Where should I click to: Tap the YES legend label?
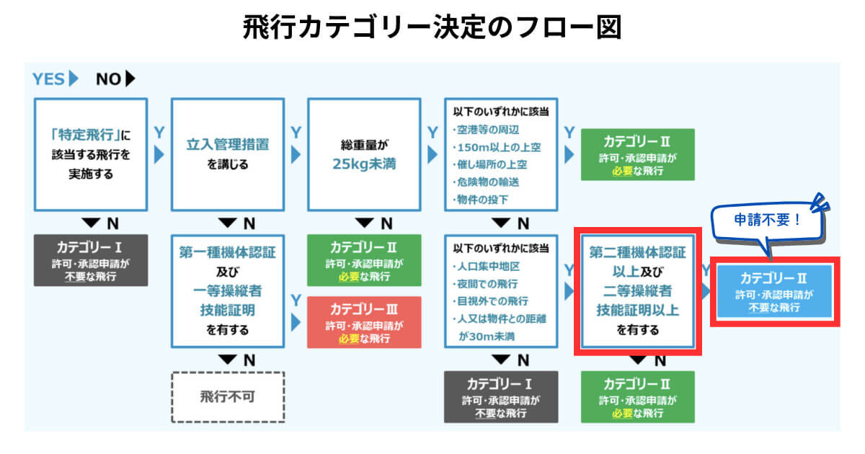48,79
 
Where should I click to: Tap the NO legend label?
109,79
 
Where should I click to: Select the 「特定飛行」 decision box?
91,153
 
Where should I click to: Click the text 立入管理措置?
227,144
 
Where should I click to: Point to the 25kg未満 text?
364,164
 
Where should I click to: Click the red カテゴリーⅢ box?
364,321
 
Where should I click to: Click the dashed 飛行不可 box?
228,396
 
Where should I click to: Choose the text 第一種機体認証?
227,253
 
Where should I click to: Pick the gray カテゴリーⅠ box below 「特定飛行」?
91,259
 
